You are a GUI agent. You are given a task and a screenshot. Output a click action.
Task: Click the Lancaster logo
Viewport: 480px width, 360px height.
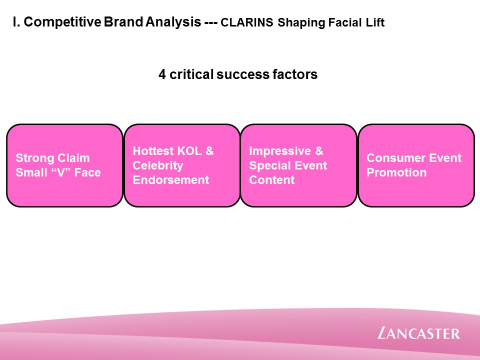(418, 333)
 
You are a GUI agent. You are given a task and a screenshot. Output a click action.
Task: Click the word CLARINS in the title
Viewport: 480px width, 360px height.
(246, 22)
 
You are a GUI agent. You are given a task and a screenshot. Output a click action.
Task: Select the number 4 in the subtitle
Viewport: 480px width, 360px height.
(162, 74)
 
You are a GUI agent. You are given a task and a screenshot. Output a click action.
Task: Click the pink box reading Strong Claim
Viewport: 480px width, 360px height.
(64, 165)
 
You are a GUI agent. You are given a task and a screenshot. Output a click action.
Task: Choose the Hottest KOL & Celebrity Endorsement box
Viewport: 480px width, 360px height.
(182, 165)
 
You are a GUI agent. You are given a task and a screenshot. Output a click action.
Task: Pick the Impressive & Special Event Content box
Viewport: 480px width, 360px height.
(299, 165)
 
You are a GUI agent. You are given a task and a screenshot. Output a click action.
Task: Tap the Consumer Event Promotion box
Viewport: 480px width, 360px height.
(416, 165)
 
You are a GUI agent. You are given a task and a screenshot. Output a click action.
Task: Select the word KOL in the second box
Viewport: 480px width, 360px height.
(189, 151)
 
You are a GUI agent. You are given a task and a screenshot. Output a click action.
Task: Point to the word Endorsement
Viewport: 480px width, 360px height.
(171, 180)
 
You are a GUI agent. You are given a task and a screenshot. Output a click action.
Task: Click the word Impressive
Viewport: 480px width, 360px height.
(280, 151)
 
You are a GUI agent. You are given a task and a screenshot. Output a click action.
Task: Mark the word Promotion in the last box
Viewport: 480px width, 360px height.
(396, 172)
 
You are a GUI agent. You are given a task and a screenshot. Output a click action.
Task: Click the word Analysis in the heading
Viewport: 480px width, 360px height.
(173, 21)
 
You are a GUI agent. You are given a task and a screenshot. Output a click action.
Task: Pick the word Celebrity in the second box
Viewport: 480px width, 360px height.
(157, 165)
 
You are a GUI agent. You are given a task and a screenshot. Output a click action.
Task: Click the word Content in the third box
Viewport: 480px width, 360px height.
(272, 180)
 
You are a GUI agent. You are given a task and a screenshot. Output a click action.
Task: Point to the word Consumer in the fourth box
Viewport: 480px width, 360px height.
(395, 158)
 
